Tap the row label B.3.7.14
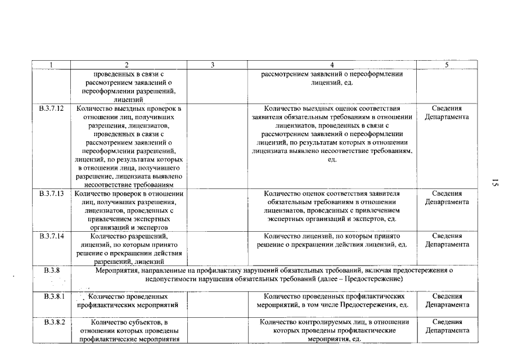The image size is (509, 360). [x=52, y=236]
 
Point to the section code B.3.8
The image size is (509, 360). [x=52, y=271]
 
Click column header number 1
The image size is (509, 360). [x=52, y=65]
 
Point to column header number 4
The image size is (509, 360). [x=332, y=65]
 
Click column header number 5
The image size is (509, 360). [x=447, y=65]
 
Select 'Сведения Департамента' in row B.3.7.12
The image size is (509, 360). [x=447, y=112]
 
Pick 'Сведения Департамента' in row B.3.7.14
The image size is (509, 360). [x=447, y=240]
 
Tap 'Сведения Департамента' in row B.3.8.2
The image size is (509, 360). [x=447, y=326]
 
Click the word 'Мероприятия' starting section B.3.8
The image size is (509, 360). [x=116, y=271]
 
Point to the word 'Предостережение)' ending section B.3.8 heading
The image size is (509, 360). [x=376, y=279]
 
